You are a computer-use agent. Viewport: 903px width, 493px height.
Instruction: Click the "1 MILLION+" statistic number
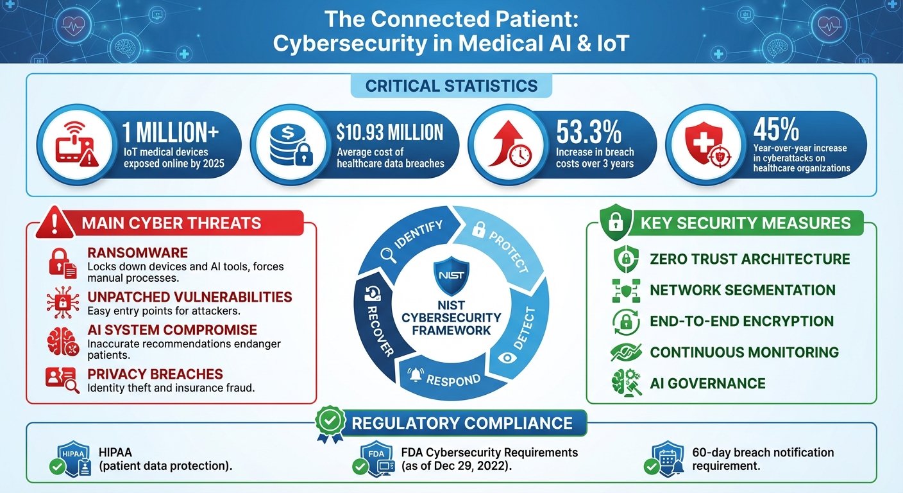pyautogui.click(x=170, y=133)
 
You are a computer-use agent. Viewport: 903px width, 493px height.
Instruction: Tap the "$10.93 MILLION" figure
pyautogui.click(x=390, y=132)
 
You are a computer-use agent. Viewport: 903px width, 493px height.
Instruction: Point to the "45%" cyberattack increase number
pyautogui.click(x=776, y=130)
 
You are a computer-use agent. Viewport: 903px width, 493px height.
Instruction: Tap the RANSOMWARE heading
pyautogui.click(x=138, y=253)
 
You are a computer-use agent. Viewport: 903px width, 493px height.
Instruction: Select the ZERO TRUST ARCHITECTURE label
pyautogui.click(x=750, y=259)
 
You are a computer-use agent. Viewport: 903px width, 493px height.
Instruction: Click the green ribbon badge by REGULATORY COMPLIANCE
pyautogui.click(x=331, y=424)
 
